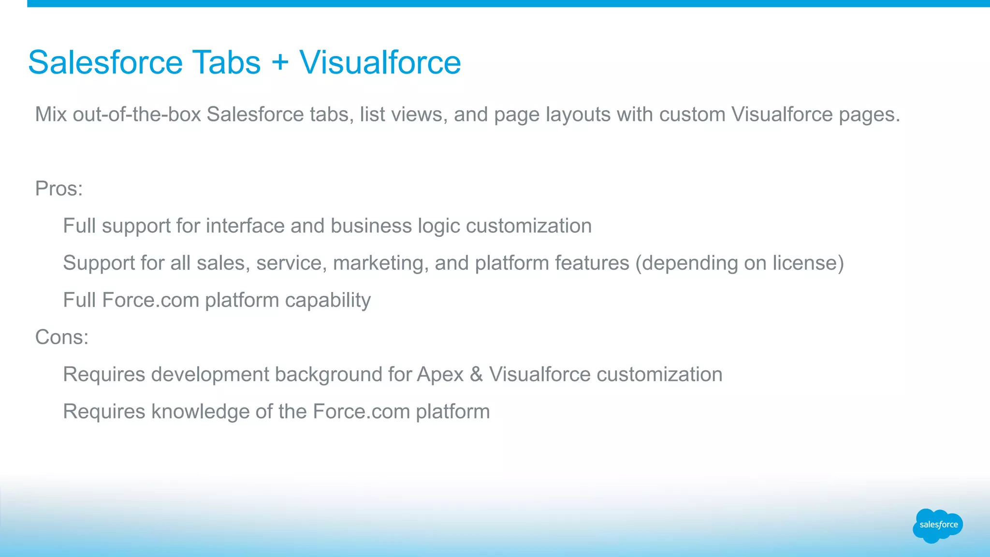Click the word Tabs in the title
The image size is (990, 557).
[227, 62]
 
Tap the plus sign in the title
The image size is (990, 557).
[280, 63]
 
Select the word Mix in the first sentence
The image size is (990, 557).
[51, 115]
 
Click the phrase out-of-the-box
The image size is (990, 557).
[137, 115]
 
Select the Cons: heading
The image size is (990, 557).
[62, 337]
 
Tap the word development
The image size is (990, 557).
[210, 375]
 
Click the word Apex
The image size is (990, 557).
[440, 375]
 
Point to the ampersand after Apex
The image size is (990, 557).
[476, 375]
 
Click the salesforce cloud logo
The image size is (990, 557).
[938, 525]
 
